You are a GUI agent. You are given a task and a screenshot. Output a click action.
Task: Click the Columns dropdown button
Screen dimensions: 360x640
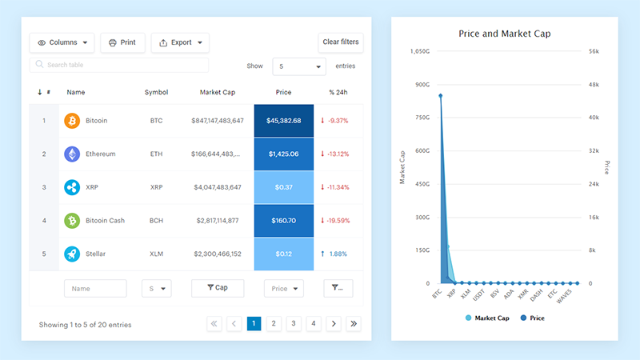coord(62,42)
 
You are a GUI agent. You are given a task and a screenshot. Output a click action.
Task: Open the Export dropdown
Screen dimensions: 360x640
coord(180,42)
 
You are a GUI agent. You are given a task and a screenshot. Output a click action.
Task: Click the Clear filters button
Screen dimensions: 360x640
coord(341,42)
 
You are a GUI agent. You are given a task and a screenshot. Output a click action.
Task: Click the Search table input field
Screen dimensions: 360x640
coord(119,65)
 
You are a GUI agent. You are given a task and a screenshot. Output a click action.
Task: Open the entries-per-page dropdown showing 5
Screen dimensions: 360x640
coord(298,66)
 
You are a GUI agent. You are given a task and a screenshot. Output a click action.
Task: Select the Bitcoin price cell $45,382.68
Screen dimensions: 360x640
coord(283,121)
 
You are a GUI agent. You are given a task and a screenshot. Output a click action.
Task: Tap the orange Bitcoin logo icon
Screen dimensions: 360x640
coord(72,121)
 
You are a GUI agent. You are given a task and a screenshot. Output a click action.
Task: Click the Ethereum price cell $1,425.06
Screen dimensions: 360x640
coord(283,154)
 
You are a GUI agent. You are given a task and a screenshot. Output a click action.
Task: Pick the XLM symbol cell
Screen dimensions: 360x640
coord(156,254)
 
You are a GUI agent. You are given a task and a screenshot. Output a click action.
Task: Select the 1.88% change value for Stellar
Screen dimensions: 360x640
coord(338,254)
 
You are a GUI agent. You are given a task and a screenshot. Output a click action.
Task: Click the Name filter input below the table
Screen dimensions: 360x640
coord(95,288)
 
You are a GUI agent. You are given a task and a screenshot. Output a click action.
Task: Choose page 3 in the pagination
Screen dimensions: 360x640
coord(294,324)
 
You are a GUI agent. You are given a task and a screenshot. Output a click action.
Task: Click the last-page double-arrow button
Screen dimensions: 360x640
coord(354,324)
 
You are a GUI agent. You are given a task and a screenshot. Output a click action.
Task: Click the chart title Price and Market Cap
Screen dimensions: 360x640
coord(504,34)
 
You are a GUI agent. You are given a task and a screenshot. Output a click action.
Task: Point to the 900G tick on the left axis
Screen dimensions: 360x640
coord(422,85)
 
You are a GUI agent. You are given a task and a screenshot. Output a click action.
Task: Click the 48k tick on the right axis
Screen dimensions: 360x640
coord(594,85)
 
